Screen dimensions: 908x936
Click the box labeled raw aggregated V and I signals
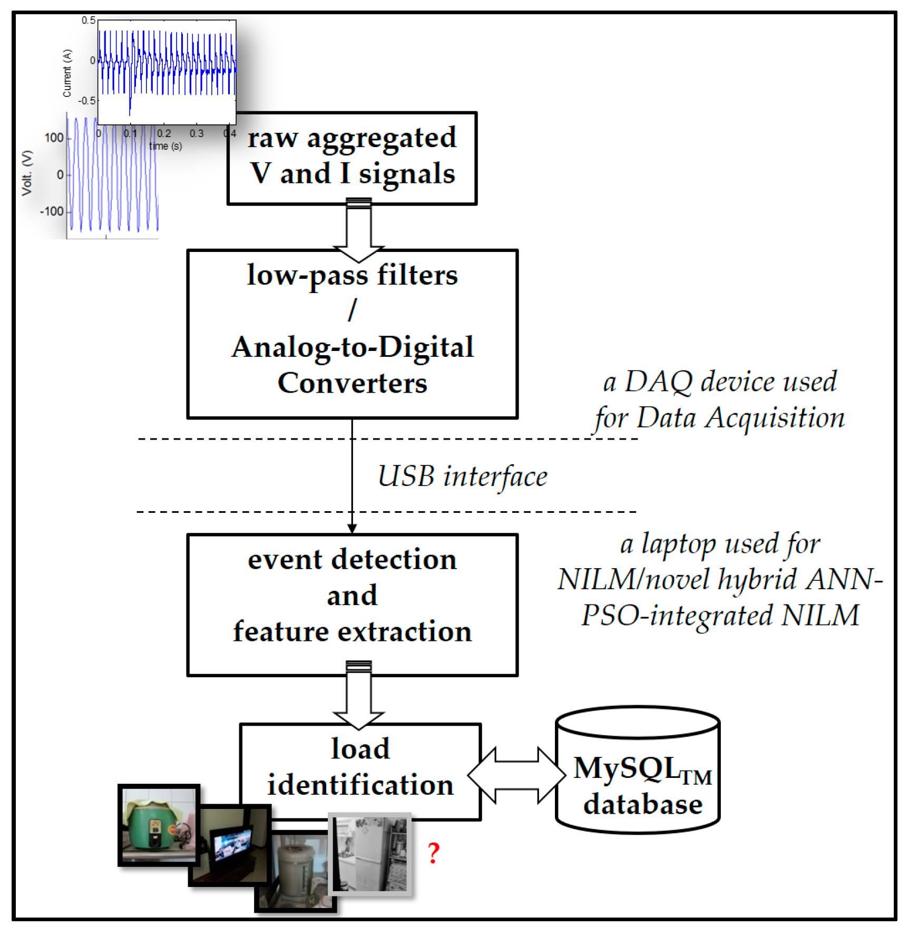pyautogui.click(x=352, y=158)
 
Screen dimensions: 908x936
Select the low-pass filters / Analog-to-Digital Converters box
pyautogui.click(x=352, y=334)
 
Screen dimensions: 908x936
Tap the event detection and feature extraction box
pyautogui.click(x=352, y=605)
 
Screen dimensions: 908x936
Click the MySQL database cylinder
pyautogui.click(x=638, y=769)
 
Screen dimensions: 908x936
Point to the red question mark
pyautogui.click(x=433, y=853)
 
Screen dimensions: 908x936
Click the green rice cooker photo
pyautogui.click(x=159, y=825)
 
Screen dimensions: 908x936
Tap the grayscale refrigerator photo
pyautogui.click(x=369, y=854)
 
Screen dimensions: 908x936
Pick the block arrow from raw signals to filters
pyautogui.click(x=359, y=230)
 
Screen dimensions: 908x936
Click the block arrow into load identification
pyautogui.click(x=359, y=695)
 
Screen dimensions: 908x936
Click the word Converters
pyautogui.click(x=352, y=383)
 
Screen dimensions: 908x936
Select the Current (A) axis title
pyautogui.click(x=67, y=73)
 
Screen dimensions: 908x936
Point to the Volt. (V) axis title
pyautogui.click(x=27, y=173)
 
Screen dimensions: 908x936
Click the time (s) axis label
pyautogui.click(x=165, y=146)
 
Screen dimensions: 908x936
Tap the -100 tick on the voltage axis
pyautogui.click(x=52, y=211)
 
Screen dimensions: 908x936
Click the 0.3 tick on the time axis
pyautogui.click(x=197, y=133)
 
